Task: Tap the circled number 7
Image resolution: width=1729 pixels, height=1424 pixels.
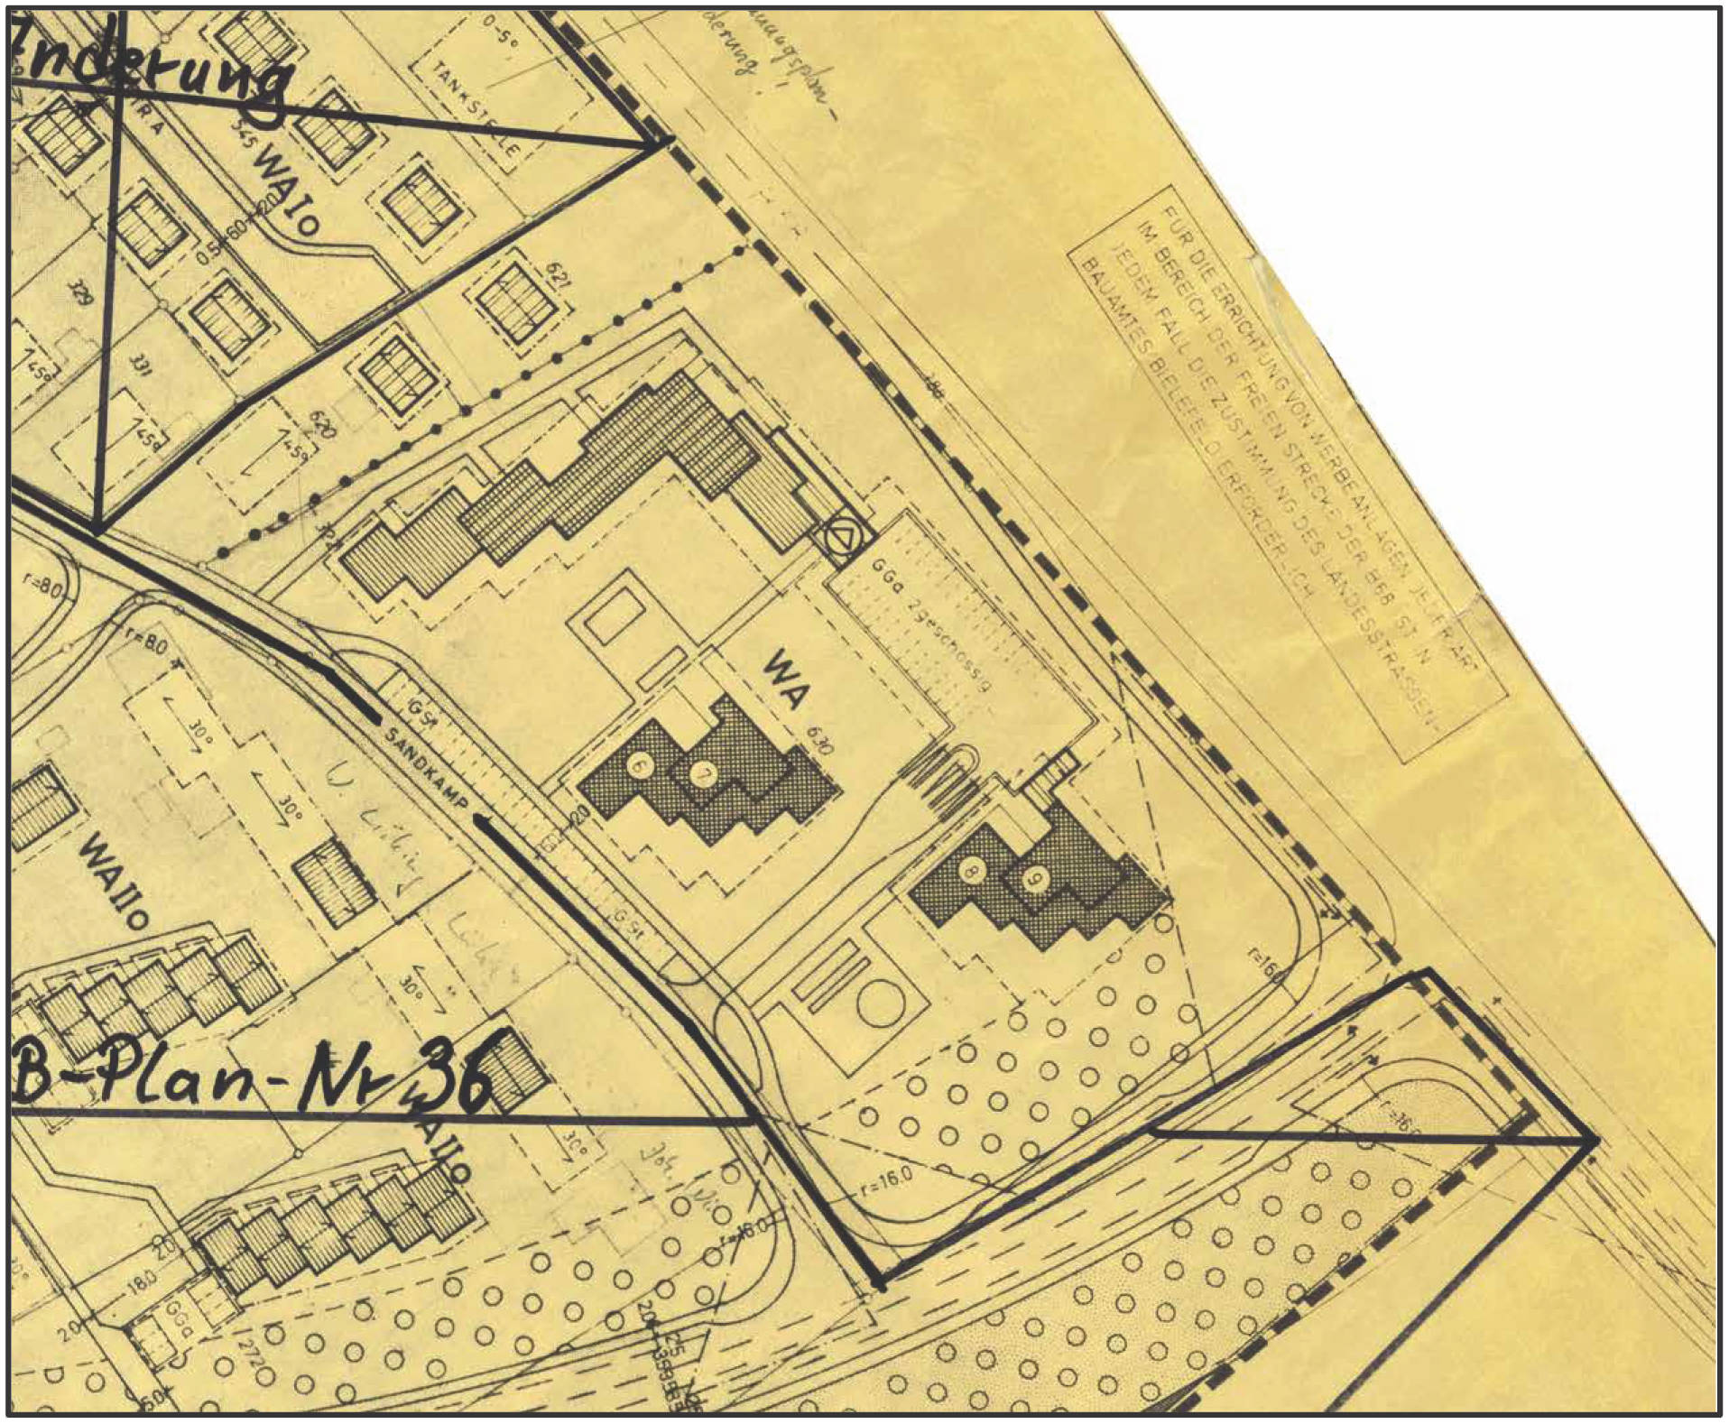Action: tap(702, 772)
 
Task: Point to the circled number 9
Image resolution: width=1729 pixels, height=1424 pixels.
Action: tap(1035, 880)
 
